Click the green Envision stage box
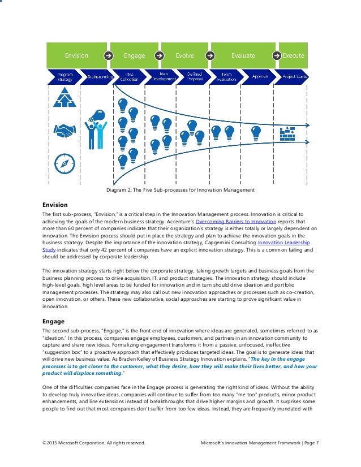(76, 55)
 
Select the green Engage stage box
(134, 55)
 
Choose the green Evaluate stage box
(243, 55)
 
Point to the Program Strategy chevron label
(61, 76)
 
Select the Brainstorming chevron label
(98, 76)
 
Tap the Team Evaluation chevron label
(226, 76)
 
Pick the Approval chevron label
(260, 76)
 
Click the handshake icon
(64, 131)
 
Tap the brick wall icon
(287, 133)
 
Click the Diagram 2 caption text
(177, 189)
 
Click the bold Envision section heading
(55, 204)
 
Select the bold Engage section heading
(54, 321)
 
